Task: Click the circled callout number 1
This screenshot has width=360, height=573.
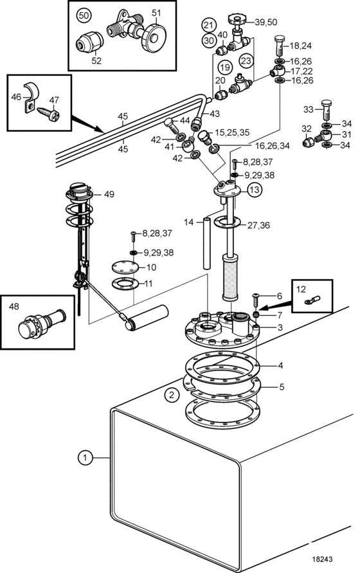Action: pos(85,457)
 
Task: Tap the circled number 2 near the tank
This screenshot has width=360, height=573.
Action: pos(172,395)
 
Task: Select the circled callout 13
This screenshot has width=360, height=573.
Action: pos(255,190)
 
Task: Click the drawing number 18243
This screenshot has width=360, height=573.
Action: pos(322,559)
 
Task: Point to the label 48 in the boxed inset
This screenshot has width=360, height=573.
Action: pos(14,306)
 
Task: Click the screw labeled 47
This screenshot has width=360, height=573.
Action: pos(51,114)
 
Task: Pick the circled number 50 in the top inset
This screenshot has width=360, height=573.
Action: pos(84,15)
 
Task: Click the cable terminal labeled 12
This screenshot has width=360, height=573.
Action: pos(312,300)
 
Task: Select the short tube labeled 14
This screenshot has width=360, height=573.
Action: pos(207,243)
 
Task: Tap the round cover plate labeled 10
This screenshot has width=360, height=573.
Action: pos(125,267)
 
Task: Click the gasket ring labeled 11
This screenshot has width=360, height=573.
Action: pos(125,284)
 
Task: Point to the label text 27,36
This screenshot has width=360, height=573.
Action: pos(259,225)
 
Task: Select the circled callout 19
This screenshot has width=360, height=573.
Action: pos(226,68)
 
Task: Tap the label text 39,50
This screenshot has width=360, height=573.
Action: pos(266,23)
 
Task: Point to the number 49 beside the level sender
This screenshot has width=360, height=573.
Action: pos(109,194)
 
